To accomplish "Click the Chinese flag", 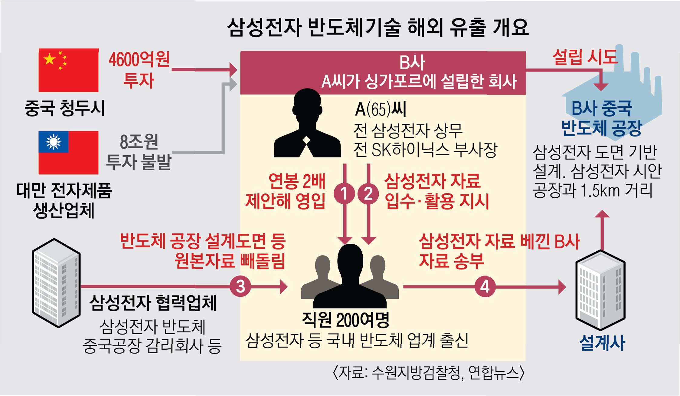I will click(68, 70).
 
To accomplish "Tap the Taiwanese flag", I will click(68, 152).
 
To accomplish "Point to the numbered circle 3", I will click(240, 286).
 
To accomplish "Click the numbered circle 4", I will click(485, 286).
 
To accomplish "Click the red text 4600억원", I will click(139, 59).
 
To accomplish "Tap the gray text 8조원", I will click(139, 142).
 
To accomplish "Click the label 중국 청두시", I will click(64, 108).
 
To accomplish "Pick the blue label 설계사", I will click(602, 343).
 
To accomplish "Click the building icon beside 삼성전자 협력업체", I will click(56, 283).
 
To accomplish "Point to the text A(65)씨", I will click(380, 109).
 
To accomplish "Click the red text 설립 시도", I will click(584, 57).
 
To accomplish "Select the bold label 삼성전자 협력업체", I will click(153, 302).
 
